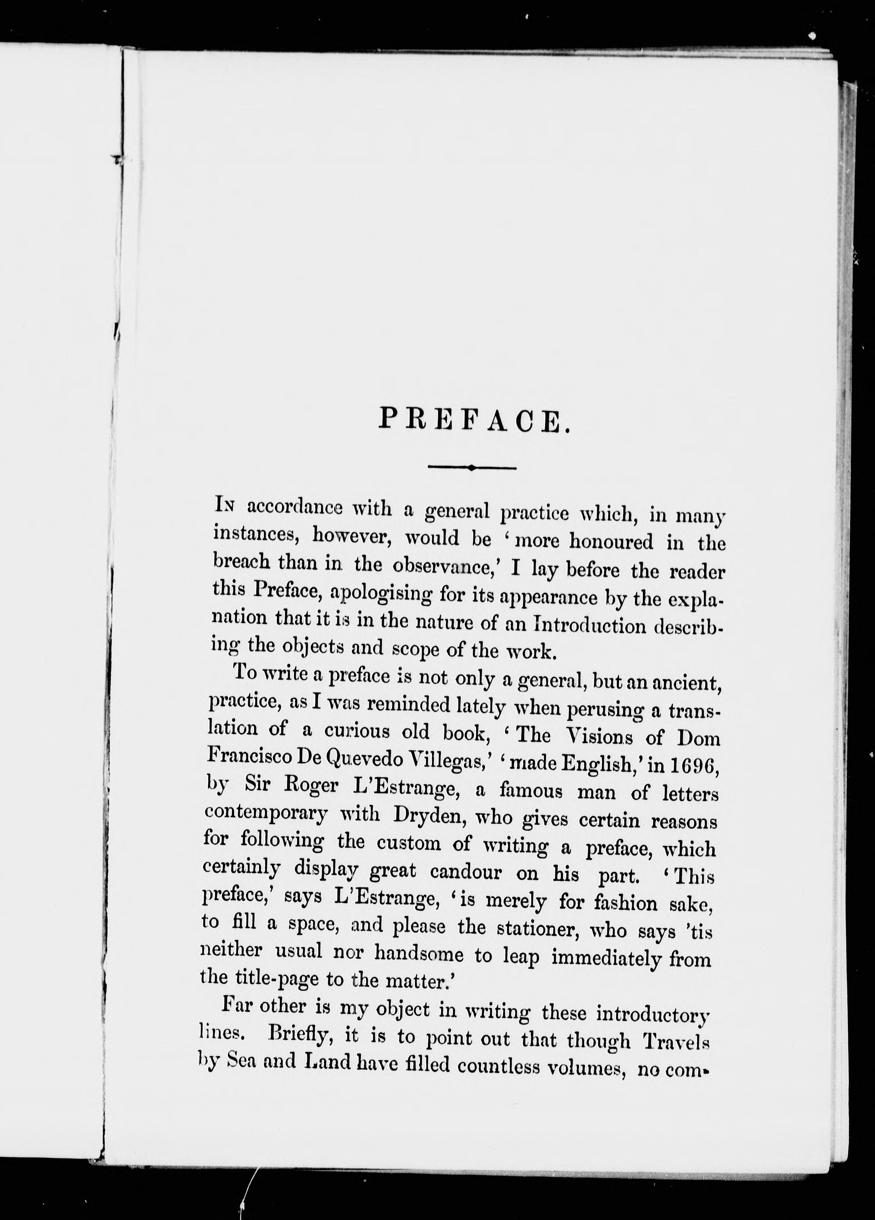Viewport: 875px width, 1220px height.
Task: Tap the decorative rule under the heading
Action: (x=472, y=468)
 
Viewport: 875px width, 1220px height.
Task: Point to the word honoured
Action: (x=611, y=542)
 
